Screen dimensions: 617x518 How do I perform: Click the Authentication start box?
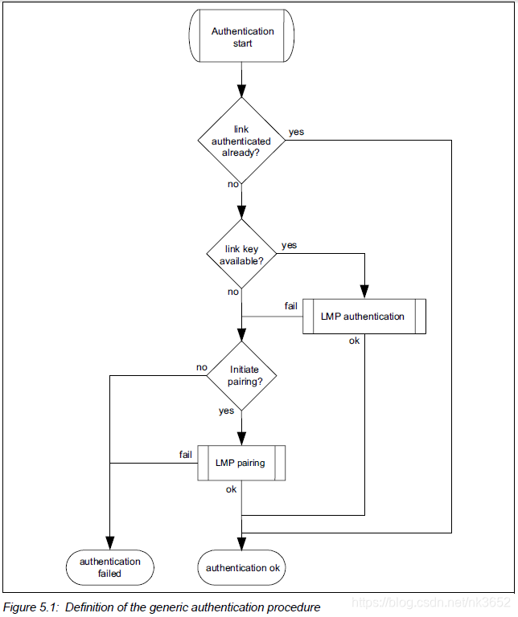coord(242,37)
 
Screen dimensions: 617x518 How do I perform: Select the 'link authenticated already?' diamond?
coord(241,141)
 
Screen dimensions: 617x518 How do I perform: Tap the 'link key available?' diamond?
coord(241,255)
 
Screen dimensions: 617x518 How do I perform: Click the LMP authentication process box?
coord(364,317)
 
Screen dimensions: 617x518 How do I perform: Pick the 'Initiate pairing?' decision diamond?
coord(241,375)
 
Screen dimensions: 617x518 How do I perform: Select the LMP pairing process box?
coord(241,464)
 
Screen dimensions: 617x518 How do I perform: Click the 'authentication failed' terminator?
coord(109,567)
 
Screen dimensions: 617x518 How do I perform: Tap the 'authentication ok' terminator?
coord(241,567)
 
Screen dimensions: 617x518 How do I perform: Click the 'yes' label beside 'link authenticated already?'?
coord(296,131)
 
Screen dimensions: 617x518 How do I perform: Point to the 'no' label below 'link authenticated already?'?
coord(232,184)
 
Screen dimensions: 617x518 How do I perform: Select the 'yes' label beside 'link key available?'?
coord(289,245)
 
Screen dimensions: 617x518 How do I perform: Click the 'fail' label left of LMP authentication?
coord(291,306)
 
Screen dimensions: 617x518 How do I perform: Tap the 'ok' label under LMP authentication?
coord(354,340)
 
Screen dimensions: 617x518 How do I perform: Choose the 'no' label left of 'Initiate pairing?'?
coord(202,367)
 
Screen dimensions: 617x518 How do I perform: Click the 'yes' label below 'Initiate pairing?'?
coord(226,411)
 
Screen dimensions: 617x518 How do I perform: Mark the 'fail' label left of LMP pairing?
coord(186,454)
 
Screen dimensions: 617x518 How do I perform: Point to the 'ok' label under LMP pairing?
coord(231,489)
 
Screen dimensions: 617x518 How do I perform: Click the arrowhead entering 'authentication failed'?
coord(109,543)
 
